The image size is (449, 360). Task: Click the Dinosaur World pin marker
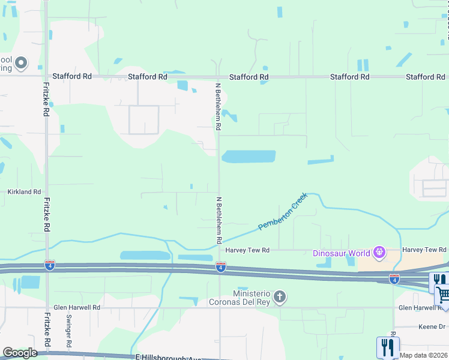[x=379, y=253]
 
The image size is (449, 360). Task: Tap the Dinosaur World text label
[x=342, y=253]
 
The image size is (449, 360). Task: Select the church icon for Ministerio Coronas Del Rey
[x=279, y=297]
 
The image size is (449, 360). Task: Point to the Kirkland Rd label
[x=24, y=192]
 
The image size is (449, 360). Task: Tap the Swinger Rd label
[x=69, y=338]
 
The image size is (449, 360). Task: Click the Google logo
[x=20, y=353]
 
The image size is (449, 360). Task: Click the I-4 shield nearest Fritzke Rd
[x=49, y=265]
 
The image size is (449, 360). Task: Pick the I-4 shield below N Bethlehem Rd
[x=221, y=266]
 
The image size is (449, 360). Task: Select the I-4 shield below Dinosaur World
[x=394, y=278]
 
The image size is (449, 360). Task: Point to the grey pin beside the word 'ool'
[x=21, y=62]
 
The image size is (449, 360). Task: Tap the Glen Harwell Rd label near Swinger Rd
[x=76, y=307]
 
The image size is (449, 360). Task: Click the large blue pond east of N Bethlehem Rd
[x=249, y=157]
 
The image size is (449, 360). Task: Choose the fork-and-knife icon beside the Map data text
[x=388, y=347]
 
